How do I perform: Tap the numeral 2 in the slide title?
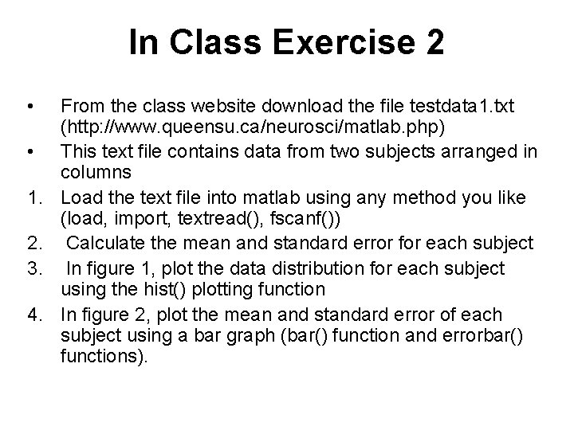pyautogui.click(x=434, y=43)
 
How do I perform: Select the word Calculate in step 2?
pyautogui.click(x=108, y=242)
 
